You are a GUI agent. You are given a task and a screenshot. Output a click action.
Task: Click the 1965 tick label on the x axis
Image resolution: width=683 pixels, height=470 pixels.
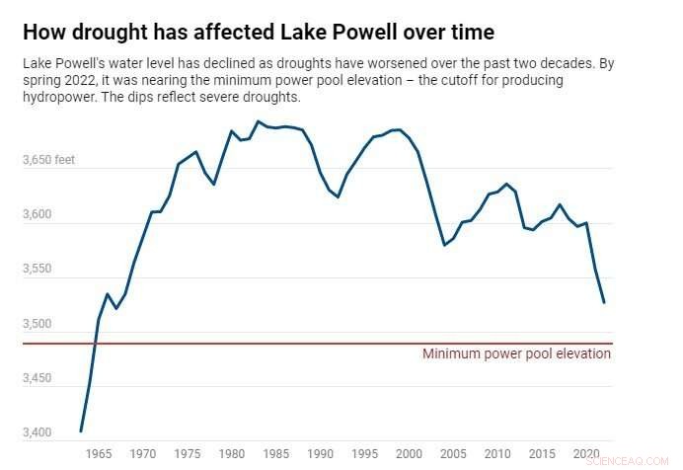(x=99, y=454)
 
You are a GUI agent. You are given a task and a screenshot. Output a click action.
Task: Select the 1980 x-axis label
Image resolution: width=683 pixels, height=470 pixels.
(x=232, y=454)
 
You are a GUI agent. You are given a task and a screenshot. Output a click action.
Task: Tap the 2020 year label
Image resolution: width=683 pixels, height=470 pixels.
(x=587, y=454)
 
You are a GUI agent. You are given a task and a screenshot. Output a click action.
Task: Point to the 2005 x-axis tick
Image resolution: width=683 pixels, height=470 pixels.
(x=454, y=454)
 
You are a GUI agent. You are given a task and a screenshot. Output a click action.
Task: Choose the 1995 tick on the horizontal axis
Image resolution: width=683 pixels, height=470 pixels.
(x=365, y=454)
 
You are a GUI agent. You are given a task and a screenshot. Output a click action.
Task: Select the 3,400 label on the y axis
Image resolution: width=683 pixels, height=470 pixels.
(x=38, y=432)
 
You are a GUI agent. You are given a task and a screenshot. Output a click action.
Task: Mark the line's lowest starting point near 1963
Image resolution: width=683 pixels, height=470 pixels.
(x=81, y=431)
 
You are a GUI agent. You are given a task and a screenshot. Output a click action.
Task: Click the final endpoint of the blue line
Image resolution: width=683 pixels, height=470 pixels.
(x=603, y=302)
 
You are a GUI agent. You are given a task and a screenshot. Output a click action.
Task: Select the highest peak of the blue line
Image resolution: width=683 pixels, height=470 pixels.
(x=258, y=121)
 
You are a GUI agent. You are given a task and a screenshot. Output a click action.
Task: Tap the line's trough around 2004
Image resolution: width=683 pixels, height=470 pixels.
(x=444, y=244)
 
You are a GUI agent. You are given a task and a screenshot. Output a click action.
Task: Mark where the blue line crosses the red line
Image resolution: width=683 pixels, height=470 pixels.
(x=95, y=344)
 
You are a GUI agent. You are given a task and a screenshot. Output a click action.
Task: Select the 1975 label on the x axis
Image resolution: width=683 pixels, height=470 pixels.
(x=188, y=454)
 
